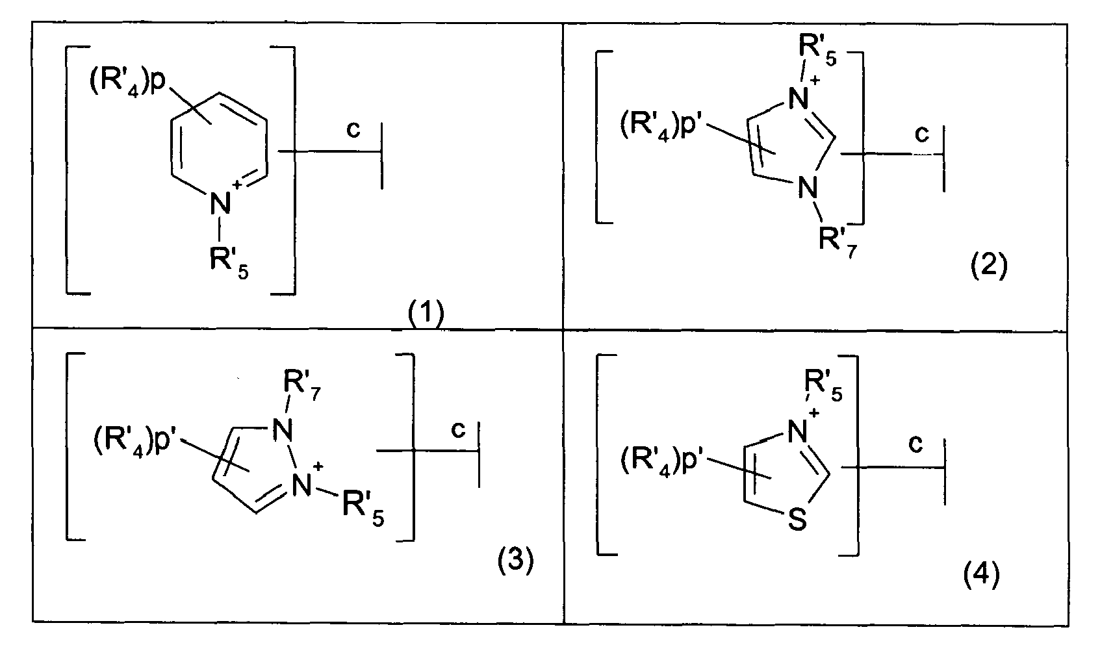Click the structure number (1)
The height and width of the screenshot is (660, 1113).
click(425, 316)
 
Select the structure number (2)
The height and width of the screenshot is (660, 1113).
click(988, 266)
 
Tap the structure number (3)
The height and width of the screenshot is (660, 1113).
click(515, 561)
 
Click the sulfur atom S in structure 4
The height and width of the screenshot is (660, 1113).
click(798, 520)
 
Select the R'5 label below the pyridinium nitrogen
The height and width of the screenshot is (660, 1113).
click(227, 263)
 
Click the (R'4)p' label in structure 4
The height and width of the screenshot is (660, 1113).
click(665, 461)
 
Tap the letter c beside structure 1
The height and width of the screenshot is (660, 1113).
click(353, 130)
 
